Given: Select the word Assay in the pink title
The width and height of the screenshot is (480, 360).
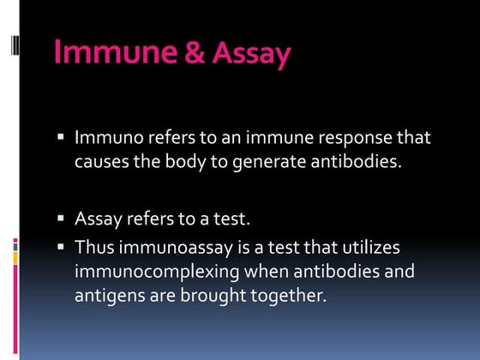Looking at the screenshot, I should [250, 53].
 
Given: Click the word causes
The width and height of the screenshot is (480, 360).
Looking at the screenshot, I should [100, 163].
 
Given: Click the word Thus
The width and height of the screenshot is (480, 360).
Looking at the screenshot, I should [93, 247].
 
